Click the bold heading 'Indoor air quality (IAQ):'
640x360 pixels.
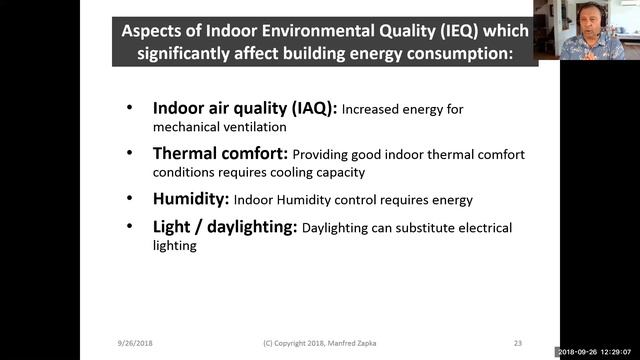coord(245,108)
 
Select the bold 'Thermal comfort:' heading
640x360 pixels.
coord(220,154)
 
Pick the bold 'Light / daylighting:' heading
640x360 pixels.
coord(224,227)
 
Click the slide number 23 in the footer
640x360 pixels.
coord(517,343)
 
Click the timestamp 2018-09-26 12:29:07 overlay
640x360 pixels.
coord(596,352)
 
